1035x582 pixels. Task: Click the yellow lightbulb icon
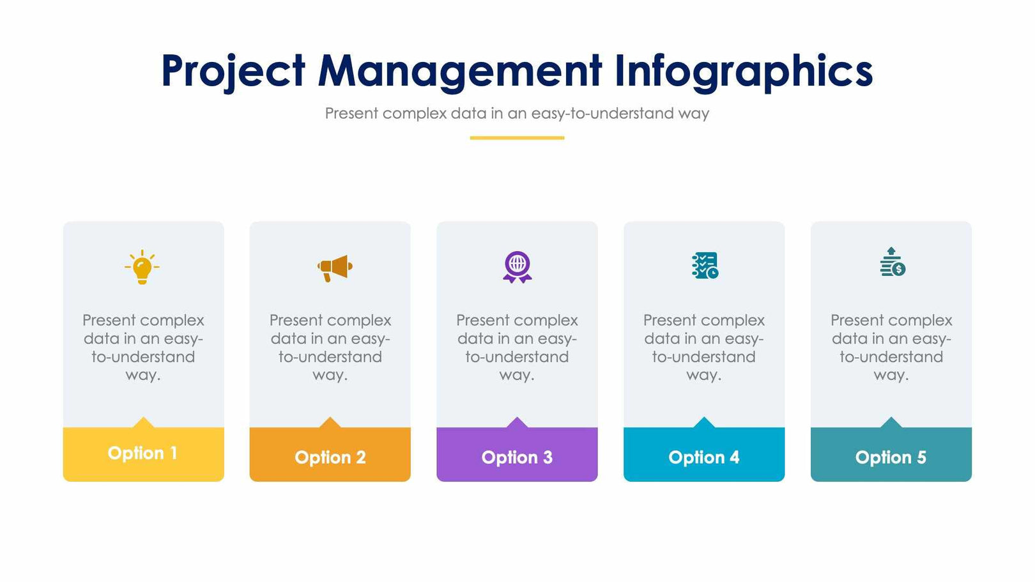(x=142, y=267)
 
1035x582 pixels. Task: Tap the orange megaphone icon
(x=335, y=268)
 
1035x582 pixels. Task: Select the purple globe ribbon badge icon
(x=517, y=266)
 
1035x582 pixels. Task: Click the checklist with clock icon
(x=705, y=265)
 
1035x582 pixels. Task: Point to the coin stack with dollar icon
(x=892, y=263)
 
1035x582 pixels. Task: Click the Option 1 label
(x=142, y=453)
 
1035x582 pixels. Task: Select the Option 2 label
(x=330, y=457)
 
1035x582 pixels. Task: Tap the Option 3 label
(x=517, y=457)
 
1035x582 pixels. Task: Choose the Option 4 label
(x=703, y=457)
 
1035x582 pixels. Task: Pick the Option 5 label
(x=891, y=457)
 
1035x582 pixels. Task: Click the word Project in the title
(x=233, y=71)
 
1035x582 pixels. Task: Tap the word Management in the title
(x=460, y=71)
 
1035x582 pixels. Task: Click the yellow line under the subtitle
(x=517, y=137)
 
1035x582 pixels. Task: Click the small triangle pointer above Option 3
(x=517, y=423)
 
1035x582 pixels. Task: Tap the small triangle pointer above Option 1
(x=143, y=423)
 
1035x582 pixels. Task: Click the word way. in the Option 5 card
(x=891, y=375)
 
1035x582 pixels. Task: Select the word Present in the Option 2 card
(x=295, y=320)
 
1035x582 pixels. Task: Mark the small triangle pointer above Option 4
(x=704, y=423)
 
